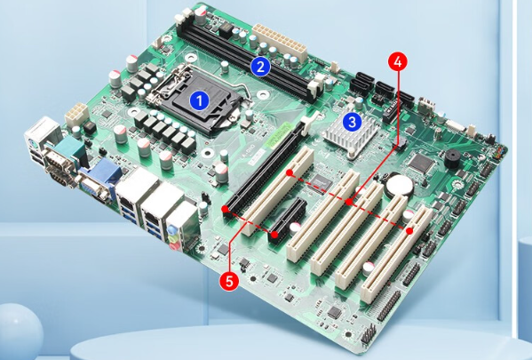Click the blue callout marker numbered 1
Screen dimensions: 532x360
[x=199, y=100]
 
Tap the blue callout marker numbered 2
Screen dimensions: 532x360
[x=260, y=67]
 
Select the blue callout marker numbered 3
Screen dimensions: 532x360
[x=353, y=122]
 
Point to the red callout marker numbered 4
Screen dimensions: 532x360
[x=398, y=62]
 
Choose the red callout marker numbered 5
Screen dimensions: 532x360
[x=229, y=281]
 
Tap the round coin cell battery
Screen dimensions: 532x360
[x=401, y=184]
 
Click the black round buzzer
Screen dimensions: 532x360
[x=452, y=158]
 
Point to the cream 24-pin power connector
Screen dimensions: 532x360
[x=280, y=43]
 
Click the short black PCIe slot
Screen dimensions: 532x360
[x=288, y=219]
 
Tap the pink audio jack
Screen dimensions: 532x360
[x=175, y=245]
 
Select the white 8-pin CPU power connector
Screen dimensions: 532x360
[x=76, y=114]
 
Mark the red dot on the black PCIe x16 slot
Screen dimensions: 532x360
[x=225, y=209]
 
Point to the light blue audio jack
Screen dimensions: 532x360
[x=172, y=228]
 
